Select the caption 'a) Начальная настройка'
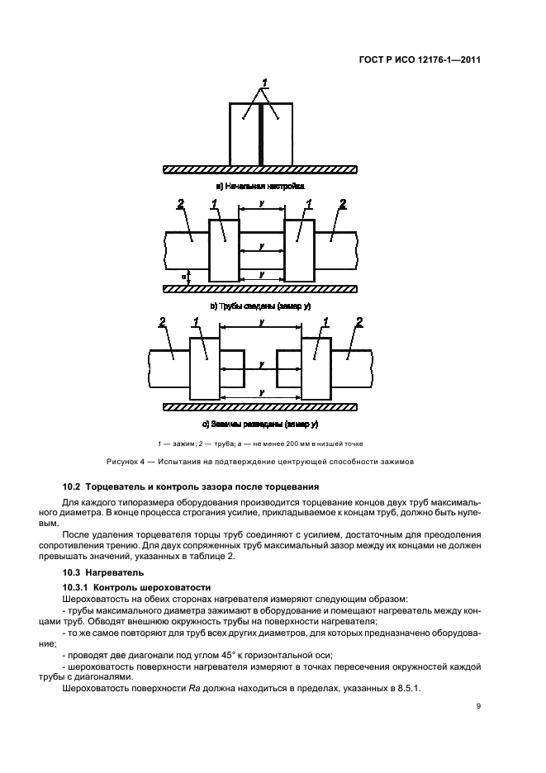[260, 187]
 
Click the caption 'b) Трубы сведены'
[260, 306]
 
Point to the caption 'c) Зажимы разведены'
[260, 424]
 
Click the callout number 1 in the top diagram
[264, 83]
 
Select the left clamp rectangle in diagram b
[224, 250]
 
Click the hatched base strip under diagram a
[260, 168]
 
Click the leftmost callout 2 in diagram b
[179, 203]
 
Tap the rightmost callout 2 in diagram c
[358, 321]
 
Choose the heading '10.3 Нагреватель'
[96, 571]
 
